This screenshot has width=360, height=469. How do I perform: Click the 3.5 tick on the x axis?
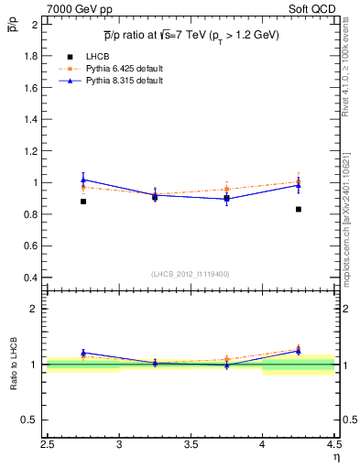(x=191, y=450)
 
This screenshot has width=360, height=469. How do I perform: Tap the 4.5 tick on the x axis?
(x=333, y=450)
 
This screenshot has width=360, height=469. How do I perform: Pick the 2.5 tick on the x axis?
(x=48, y=450)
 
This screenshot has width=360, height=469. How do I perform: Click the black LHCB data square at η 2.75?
(x=83, y=202)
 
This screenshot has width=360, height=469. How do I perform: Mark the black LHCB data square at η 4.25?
(x=299, y=210)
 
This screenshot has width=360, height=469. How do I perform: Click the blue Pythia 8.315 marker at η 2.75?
(x=83, y=180)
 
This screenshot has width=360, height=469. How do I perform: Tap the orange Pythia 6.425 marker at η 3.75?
(x=227, y=189)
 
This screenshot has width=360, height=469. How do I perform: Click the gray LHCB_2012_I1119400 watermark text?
(x=191, y=274)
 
